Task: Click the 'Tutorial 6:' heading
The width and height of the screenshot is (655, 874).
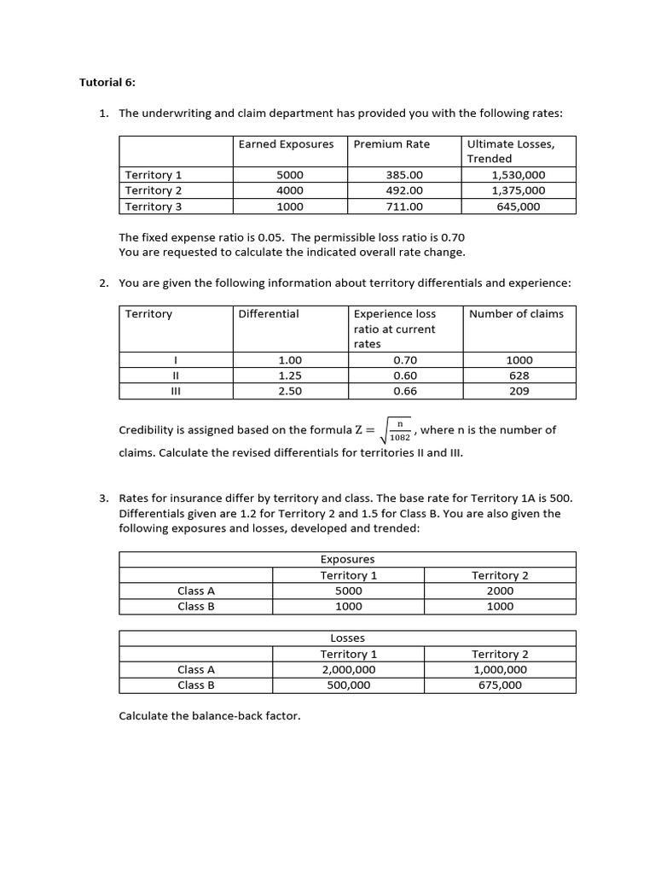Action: tap(107, 83)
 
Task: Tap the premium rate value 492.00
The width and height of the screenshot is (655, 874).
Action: tap(404, 190)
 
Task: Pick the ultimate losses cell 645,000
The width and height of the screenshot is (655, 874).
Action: tap(518, 206)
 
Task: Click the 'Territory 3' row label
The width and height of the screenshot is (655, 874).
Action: tap(154, 206)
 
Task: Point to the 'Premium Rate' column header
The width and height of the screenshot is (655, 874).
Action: tap(391, 144)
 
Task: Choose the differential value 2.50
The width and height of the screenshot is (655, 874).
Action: tap(290, 391)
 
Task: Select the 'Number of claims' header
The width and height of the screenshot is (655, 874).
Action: tap(516, 313)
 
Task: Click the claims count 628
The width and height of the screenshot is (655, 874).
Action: tap(519, 376)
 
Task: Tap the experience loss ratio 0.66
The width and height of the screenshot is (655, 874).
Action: tap(405, 391)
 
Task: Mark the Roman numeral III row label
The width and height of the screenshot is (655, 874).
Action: tap(175, 391)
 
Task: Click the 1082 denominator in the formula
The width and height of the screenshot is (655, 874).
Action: tap(400, 438)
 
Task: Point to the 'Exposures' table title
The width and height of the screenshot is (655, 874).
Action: tap(347, 559)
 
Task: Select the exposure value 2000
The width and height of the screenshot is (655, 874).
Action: tap(500, 591)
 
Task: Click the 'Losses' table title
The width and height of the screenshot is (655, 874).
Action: tap(347, 638)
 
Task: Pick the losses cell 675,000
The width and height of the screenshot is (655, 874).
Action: tap(500, 685)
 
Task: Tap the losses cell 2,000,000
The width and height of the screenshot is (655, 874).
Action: tap(348, 669)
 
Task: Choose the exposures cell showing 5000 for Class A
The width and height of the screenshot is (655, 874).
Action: tap(348, 591)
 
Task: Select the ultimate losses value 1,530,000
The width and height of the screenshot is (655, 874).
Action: tap(518, 175)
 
